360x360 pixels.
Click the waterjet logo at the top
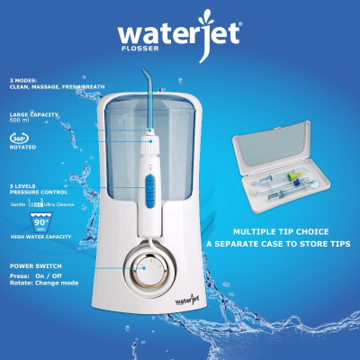[x=180, y=35]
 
